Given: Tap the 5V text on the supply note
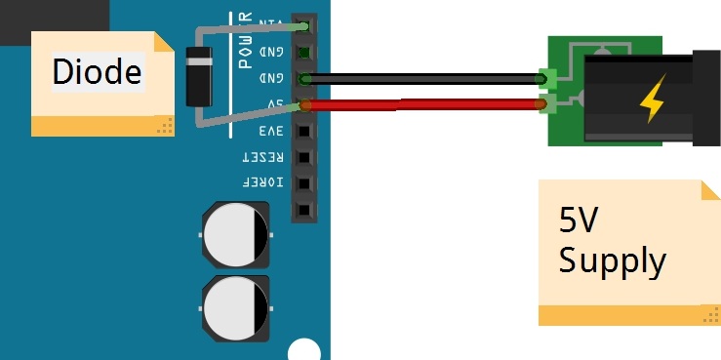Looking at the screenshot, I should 577,223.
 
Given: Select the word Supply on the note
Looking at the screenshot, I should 613,260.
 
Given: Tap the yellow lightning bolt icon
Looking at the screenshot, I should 650,98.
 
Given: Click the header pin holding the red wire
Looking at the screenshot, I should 305,104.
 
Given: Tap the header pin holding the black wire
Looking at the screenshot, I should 305,79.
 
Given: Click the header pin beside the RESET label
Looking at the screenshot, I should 305,157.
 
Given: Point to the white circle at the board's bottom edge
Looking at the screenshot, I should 304,350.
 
